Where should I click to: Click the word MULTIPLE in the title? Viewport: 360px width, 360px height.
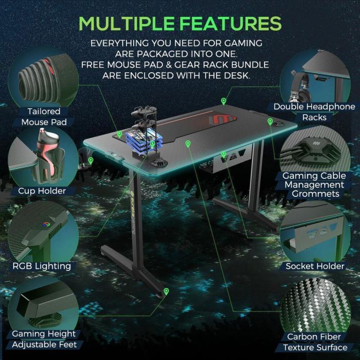pos(127,24)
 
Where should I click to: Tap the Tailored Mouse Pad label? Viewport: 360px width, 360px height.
pos(44,117)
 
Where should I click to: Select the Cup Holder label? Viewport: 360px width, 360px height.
pos(42,191)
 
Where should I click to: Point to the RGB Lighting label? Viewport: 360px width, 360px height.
pos(42,266)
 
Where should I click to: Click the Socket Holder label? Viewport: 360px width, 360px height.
pos(315,266)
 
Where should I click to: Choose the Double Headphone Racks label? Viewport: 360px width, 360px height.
pos(314,112)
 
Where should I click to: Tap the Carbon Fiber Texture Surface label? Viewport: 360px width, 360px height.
pos(315,342)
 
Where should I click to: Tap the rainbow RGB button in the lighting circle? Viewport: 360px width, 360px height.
pos(46,224)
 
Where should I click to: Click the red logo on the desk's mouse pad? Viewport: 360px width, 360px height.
pos(222,119)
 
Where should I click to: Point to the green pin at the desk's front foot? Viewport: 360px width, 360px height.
pos(166,292)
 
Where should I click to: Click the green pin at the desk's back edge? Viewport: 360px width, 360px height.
pos(223,101)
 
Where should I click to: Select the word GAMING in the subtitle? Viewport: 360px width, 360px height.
pos(243,43)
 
